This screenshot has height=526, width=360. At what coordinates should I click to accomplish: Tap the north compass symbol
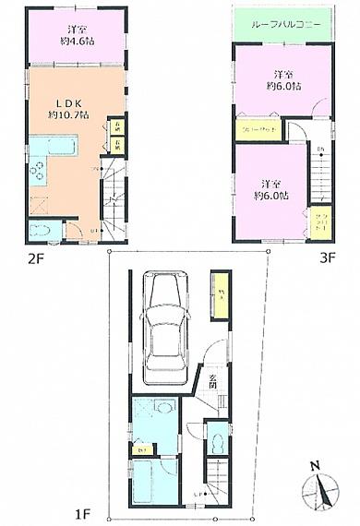coord(318,485)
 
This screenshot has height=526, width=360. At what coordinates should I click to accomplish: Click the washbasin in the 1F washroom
coord(162,407)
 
